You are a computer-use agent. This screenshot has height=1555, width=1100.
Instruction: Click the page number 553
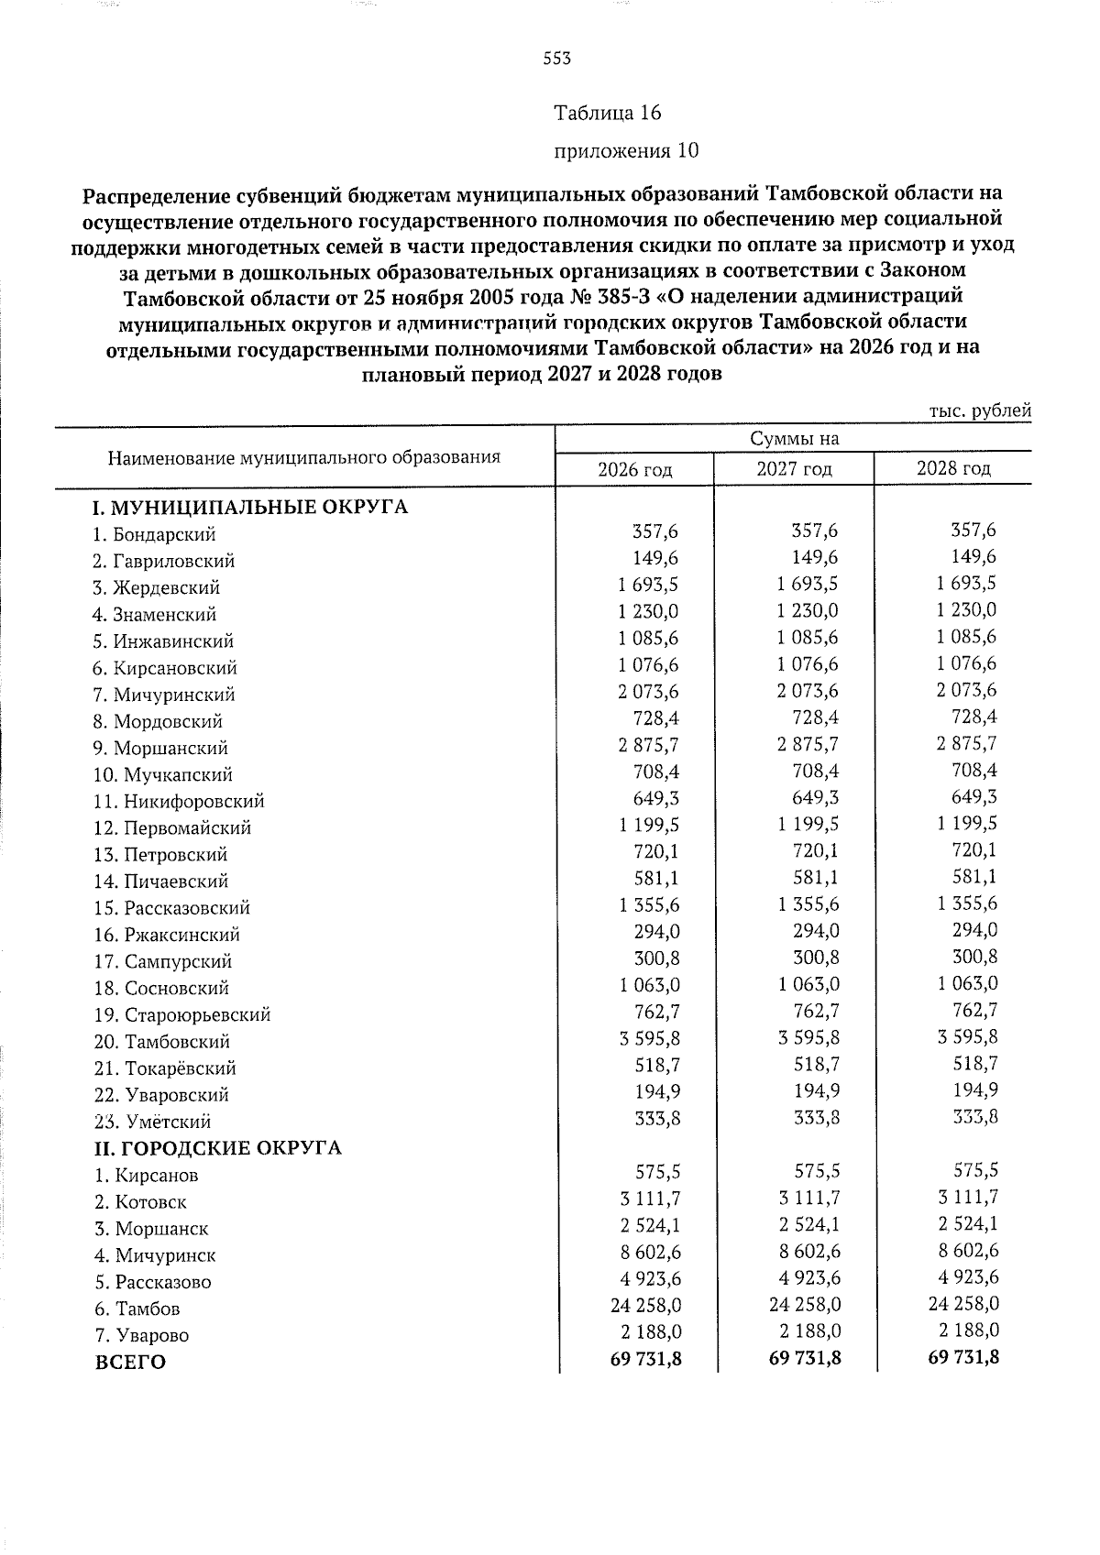click(556, 60)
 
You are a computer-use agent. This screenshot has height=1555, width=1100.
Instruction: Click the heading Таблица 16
click(607, 113)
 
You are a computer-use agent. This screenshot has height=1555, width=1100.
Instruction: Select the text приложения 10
click(626, 150)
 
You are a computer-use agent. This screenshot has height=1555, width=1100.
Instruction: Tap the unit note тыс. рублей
click(980, 411)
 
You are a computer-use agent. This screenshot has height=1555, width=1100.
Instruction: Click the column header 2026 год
click(634, 470)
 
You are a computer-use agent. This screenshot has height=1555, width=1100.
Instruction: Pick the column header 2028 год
click(953, 469)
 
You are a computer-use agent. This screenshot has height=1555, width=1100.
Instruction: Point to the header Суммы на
click(794, 439)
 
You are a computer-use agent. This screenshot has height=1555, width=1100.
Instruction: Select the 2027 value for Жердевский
click(807, 584)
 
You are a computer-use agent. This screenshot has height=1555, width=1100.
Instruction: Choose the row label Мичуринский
click(164, 695)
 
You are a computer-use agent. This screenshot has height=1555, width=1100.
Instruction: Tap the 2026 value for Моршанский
click(648, 744)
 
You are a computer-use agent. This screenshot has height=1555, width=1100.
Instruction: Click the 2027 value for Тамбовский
click(807, 1037)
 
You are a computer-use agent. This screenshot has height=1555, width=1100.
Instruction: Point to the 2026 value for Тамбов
click(644, 1304)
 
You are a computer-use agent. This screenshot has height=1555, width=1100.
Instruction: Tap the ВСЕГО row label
click(130, 1363)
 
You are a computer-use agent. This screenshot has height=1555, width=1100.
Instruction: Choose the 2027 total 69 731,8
click(804, 1358)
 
